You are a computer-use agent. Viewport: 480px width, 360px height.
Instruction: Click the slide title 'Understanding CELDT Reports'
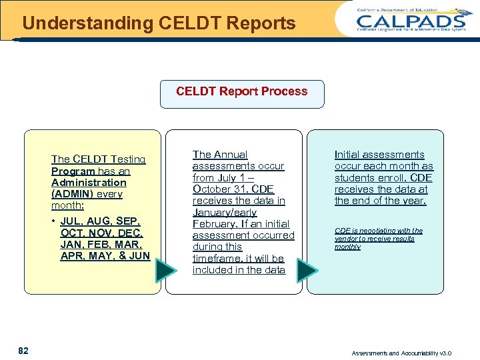pos(159,23)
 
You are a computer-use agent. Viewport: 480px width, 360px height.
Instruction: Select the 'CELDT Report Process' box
pos(241,93)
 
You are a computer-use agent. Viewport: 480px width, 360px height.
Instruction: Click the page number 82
pos(23,351)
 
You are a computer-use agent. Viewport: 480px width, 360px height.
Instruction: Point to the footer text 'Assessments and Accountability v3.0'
pos(401,353)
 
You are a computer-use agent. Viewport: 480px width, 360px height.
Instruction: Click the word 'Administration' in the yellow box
pos(89,183)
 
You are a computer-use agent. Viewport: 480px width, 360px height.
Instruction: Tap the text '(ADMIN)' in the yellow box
pos(73,194)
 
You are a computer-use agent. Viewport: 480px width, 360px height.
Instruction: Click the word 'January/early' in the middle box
pos(225,212)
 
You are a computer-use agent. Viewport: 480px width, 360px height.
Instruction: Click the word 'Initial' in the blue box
pos(348,155)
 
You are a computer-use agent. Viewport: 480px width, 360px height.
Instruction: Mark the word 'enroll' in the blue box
pos(389,178)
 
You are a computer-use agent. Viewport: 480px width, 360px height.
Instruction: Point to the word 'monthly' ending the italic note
pos(347,247)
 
